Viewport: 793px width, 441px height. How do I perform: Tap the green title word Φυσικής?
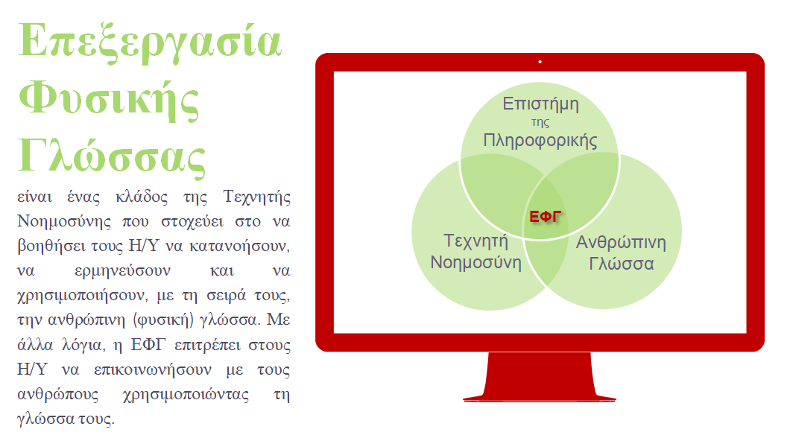109,100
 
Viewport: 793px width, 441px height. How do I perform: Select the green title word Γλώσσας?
112,156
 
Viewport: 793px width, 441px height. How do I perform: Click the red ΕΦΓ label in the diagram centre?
546,217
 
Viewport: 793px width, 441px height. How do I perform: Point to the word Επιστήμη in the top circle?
540,104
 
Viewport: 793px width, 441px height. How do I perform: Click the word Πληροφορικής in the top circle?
540,140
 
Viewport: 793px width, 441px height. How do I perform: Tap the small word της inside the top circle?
540,122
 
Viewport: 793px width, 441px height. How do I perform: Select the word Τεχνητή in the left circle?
476,241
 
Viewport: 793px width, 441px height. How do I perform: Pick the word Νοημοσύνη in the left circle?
476,262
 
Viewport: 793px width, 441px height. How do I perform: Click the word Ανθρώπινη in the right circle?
621,242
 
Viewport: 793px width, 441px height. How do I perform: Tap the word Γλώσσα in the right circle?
621,264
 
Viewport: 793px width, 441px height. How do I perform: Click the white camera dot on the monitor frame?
540,62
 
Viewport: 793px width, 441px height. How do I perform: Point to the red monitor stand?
540,377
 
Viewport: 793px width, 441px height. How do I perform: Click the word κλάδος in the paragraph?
142,196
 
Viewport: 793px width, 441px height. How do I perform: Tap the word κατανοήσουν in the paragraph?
239,247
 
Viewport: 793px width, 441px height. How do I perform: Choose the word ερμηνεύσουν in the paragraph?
122,271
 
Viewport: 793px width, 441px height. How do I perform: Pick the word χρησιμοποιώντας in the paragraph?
186,395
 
